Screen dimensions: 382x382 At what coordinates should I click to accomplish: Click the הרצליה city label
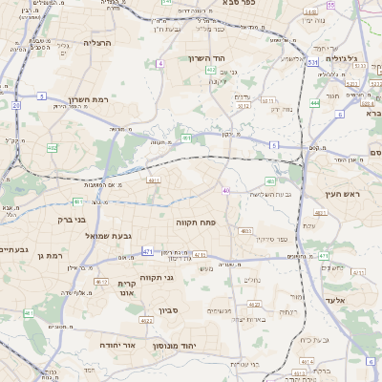98,43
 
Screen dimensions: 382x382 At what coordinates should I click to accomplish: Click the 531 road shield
312,62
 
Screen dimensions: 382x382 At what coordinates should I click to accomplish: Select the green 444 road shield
315,102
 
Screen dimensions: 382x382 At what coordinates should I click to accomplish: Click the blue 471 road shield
148,251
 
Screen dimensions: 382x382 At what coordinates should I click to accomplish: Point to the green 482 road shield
270,180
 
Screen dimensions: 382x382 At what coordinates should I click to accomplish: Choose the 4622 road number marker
149,321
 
